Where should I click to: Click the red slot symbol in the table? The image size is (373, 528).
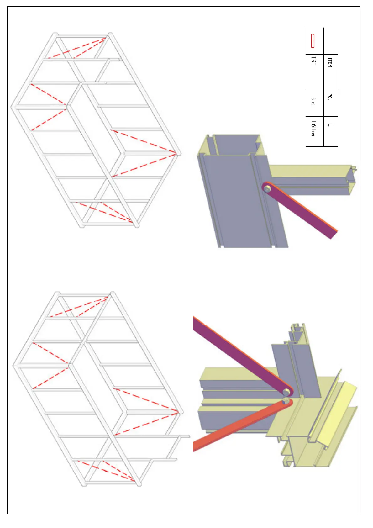313,41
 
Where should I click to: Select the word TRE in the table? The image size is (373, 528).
314,61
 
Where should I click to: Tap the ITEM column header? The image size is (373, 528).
330,62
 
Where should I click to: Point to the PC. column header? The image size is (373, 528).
330,97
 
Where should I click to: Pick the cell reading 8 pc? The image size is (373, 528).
314,102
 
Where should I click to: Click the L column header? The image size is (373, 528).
330,125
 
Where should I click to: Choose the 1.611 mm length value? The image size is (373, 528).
313,129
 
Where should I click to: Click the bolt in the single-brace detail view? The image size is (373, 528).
267,189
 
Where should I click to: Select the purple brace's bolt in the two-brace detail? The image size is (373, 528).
286,392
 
